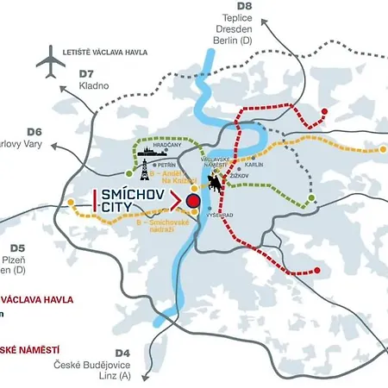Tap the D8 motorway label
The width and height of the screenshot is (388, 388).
[x=244, y=8]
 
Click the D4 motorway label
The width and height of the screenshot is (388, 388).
[x=122, y=353]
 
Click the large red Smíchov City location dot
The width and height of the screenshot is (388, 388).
[x=193, y=202]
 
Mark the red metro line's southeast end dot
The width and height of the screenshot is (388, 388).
[x=316, y=270]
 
